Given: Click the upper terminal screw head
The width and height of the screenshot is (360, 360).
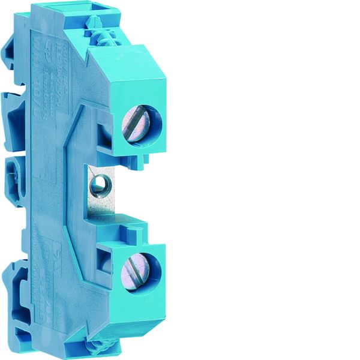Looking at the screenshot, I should tap(135, 123).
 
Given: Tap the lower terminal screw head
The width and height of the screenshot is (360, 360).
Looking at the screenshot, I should tap(134, 272).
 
